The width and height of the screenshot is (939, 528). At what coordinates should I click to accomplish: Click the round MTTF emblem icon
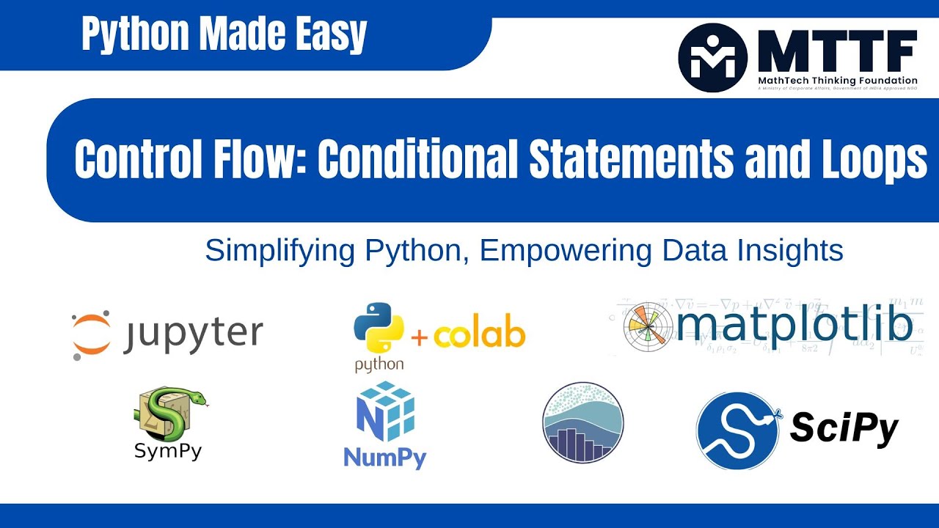pos(712,57)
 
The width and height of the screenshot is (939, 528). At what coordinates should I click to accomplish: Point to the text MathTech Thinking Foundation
pos(837,80)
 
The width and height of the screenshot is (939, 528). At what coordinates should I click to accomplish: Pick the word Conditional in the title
pos(417,158)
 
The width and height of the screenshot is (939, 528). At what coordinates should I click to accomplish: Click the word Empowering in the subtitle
pos(565,251)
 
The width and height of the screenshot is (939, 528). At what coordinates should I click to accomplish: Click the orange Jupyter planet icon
pos(92,334)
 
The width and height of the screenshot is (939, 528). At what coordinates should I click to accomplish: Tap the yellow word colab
pos(479,335)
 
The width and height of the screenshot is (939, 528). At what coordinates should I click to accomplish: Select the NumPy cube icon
pos(385,411)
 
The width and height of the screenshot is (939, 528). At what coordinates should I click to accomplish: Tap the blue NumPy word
pos(385,458)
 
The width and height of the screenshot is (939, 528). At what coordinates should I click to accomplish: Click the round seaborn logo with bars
pos(582,423)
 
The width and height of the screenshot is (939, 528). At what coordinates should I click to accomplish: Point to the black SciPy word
pos(844,428)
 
